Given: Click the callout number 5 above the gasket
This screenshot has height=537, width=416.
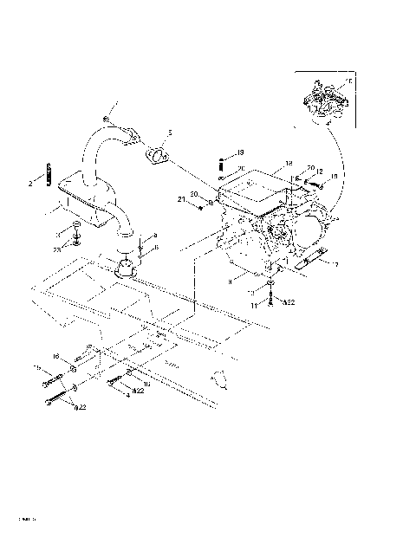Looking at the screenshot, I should click(170, 133).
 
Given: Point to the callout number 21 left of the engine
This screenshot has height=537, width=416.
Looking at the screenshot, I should click(183, 199).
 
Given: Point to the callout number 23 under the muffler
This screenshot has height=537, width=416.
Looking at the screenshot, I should click(57, 249).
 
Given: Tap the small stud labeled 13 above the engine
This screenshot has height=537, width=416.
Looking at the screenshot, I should click(222, 164).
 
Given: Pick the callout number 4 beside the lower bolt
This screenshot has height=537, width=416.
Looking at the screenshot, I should click(127, 396).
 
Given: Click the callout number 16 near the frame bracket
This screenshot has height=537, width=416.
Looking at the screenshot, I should click(56, 356).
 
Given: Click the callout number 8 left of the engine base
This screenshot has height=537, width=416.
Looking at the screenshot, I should click(229, 281).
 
